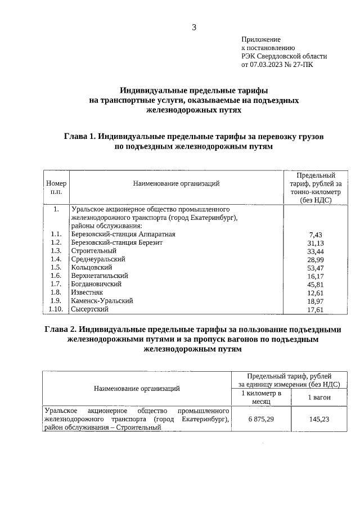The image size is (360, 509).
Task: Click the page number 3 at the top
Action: point(194,27)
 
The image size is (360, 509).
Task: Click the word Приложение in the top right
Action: point(260,39)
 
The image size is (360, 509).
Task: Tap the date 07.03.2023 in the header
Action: point(268,65)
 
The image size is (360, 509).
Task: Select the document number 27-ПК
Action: point(303,65)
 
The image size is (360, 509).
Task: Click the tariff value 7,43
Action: point(316,234)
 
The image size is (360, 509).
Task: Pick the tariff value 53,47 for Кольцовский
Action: point(316,268)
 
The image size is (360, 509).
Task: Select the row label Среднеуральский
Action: point(98,259)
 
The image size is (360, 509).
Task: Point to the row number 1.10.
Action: point(55,309)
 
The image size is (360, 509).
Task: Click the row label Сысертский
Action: point(89,309)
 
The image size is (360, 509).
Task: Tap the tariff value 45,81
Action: point(316,284)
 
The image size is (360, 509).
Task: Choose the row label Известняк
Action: point(86,292)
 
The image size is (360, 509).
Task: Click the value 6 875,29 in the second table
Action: point(260,419)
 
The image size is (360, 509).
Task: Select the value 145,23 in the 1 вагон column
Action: point(319,419)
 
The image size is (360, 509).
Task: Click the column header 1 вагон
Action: point(319,398)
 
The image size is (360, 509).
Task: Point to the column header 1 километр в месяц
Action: point(260,398)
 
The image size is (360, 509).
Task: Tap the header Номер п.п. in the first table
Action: point(56,187)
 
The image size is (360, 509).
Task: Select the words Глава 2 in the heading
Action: point(63,329)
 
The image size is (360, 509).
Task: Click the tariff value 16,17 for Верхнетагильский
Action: point(316,276)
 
